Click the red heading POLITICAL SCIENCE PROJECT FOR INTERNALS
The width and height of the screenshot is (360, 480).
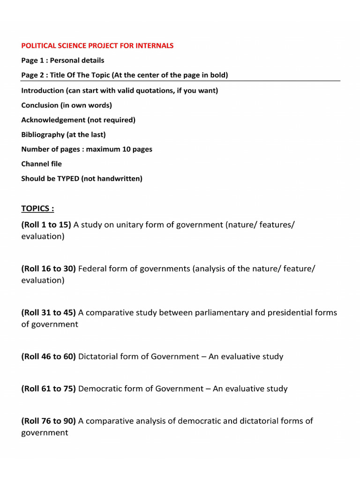97,45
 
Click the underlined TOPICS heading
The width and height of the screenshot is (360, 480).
37,208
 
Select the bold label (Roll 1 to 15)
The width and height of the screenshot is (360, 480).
46,225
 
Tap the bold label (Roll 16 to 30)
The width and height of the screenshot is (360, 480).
49,269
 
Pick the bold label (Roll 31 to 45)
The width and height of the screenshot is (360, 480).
49,313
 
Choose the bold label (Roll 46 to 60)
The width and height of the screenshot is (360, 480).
49,356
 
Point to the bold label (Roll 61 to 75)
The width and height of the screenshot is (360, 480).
49,389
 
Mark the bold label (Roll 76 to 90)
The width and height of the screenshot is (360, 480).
49,421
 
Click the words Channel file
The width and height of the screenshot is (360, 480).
41,164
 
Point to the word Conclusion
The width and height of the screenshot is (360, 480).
40,105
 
